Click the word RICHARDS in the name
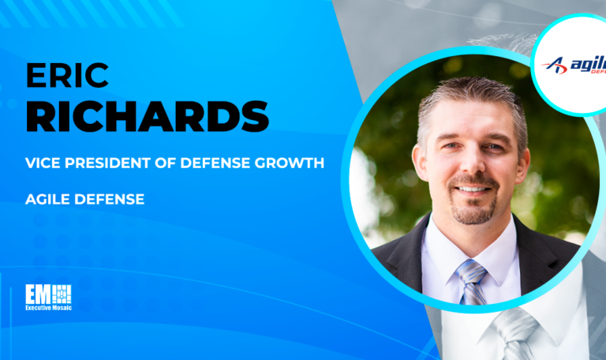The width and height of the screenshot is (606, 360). (147, 117)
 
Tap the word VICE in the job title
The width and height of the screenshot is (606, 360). (43, 165)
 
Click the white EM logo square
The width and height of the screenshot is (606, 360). (49, 294)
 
